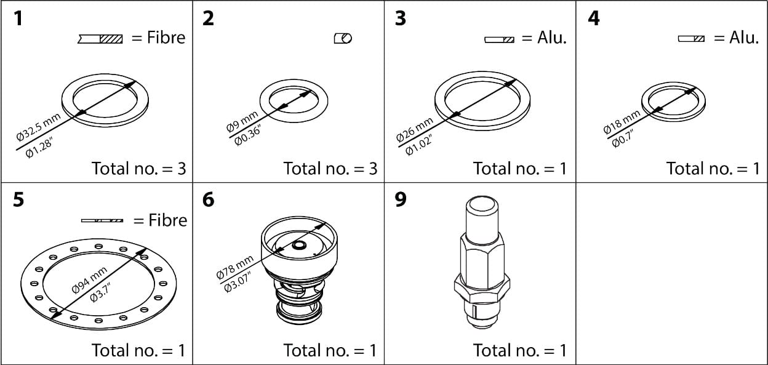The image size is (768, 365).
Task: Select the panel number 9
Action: click(x=401, y=201)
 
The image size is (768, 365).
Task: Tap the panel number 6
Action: click(x=209, y=201)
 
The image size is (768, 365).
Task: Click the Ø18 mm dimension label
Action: click(x=622, y=121)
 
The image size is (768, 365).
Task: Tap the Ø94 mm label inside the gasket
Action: click(x=89, y=280)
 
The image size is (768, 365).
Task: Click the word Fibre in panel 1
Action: click(x=166, y=38)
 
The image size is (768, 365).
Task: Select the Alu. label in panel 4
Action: click(x=744, y=38)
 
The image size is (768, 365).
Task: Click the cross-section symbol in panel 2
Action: click(x=343, y=39)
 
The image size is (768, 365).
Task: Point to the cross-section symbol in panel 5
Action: click(x=103, y=220)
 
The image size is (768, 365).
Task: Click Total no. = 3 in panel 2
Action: click(x=330, y=168)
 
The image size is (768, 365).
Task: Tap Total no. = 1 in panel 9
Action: click(x=519, y=350)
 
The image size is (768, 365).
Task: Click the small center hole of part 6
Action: click(x=299, y=245)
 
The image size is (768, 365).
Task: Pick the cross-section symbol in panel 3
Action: click(x=499, y=39)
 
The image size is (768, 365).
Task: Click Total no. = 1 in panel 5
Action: click(x=138, y=350)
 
